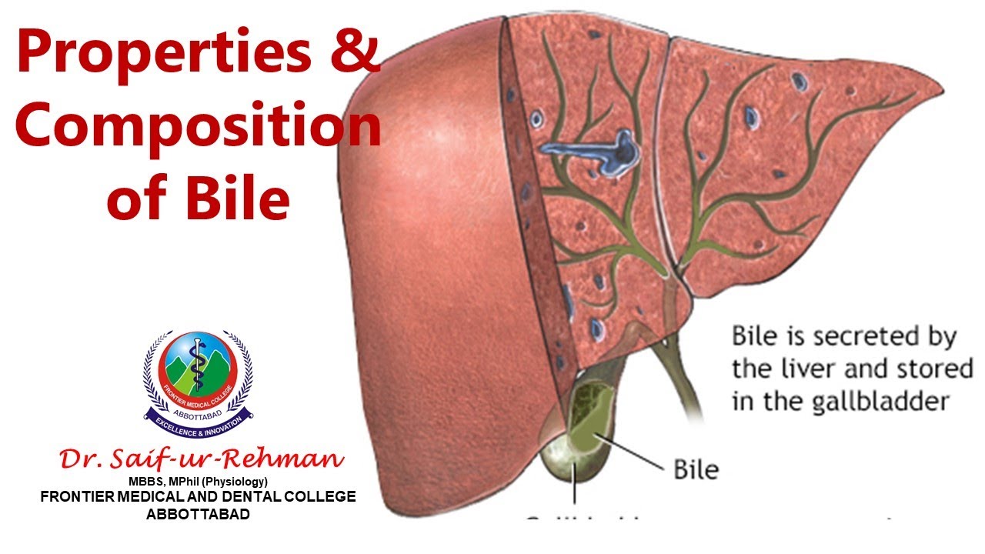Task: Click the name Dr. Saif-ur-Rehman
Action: click(202, 459)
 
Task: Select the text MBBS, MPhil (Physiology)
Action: click(198, 482)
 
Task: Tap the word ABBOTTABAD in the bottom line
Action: click(198, 514)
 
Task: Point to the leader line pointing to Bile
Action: click(631, 454)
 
